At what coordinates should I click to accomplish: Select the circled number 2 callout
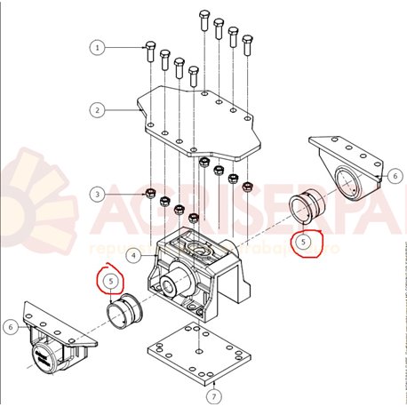98,110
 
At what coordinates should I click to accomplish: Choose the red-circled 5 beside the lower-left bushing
110,281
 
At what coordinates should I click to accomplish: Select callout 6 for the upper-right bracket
394,177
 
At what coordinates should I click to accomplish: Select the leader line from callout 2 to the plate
120,110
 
